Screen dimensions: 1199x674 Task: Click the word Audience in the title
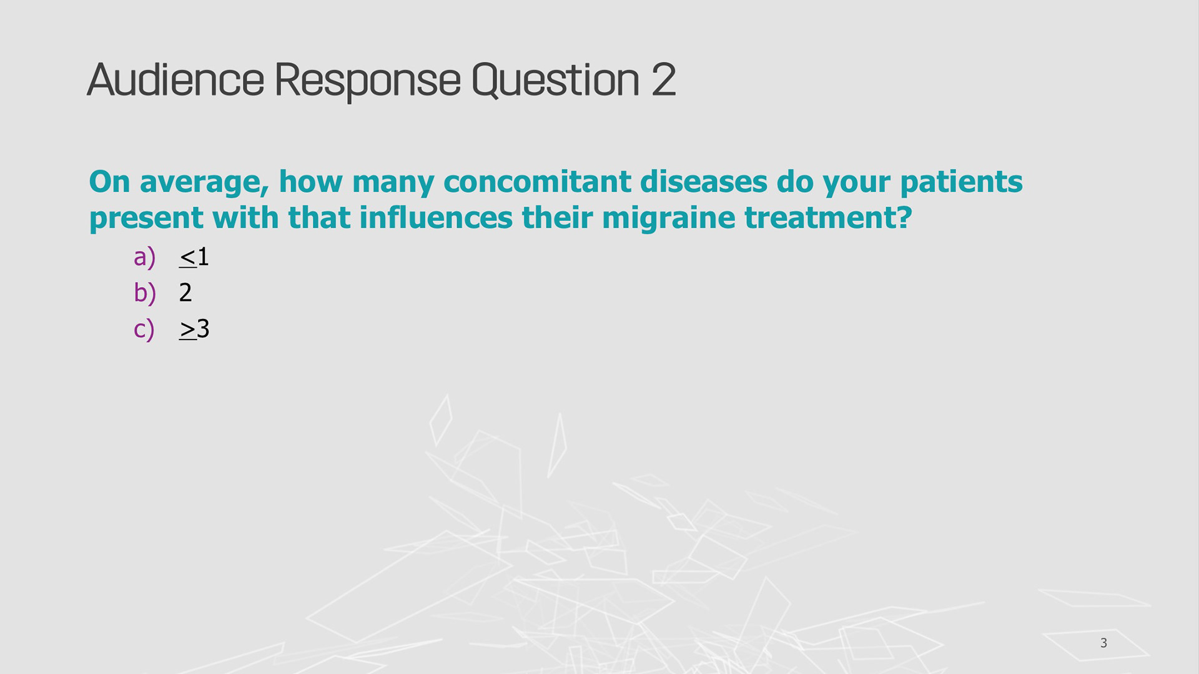click(x=175, y=80)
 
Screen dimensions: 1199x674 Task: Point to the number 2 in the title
click(x=663, y=79)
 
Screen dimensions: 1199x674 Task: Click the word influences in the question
click(x=436, y=217)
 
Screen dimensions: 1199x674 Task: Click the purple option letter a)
click(x=144, y=256)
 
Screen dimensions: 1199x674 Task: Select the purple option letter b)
click(x=144, y=292)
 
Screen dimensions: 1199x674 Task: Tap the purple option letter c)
click(x=144, y=329)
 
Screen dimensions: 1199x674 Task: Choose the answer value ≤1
click(x=194, y=257)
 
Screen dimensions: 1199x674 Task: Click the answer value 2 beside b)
click(x=185, y=292)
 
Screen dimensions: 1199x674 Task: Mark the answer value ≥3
click(x=194, y=329)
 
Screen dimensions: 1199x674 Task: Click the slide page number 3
click(x=1103, y=643)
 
